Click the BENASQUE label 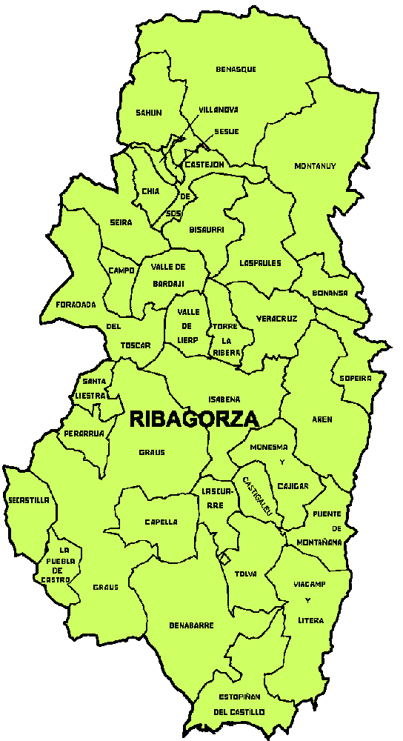(x=236, y=70)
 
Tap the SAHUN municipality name (x=148, y=113)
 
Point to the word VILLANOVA (x=219, y=110)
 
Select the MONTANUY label (x=315, y=166)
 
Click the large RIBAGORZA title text (x=194, y=419)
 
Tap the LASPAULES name (x=260, y=263)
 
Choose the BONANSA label (x=330, y=293)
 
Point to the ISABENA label (x=224, y=399)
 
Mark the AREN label (x=322, y=419)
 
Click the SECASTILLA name (x=28, y=500)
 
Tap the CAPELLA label (x=161, y=522)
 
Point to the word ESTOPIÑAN (x=239, y=697)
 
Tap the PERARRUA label (x=83, y=433)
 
